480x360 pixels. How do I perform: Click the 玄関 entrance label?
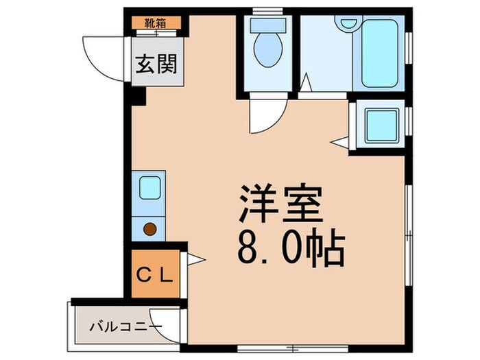coord(157,64)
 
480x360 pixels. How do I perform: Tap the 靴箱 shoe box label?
coord(157,22)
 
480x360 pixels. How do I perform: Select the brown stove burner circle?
coord(149,229)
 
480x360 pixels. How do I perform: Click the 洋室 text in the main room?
coord(279,204)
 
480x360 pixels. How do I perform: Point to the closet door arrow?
coord(193,259)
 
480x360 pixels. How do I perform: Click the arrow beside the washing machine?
coord(339,142)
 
